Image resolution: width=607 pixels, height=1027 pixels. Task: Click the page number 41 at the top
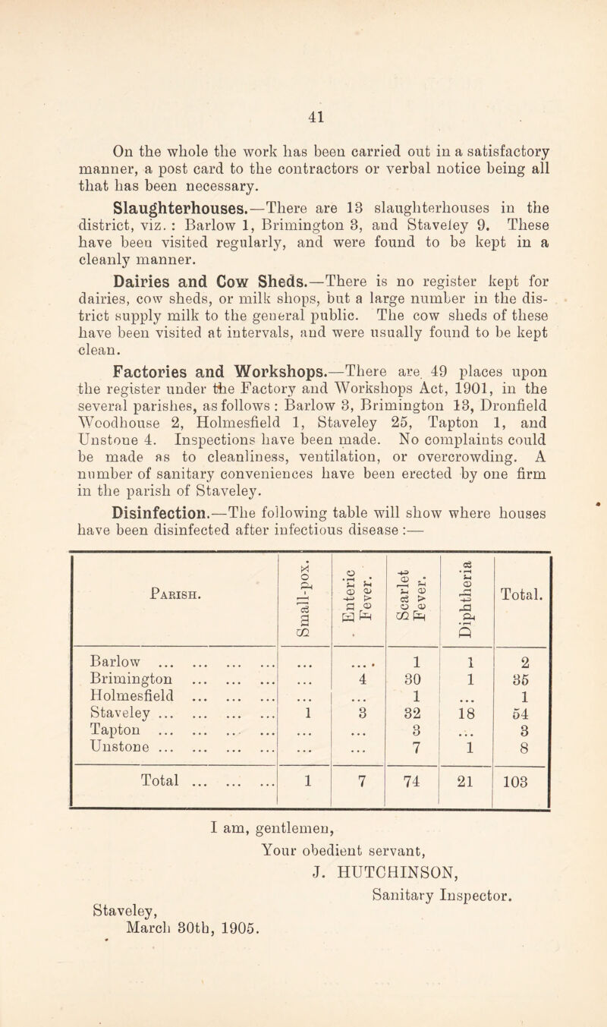click(303, 33)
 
